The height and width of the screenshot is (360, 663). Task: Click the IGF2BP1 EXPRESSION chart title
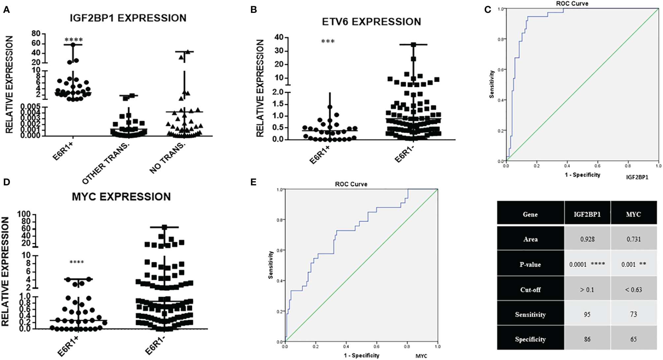pyautogui.click(x=128, y=18)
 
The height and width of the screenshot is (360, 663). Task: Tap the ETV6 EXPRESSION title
pyautogui.click(x=371, y=22)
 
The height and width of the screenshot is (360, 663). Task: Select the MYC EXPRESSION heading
pyautogui.click(x=121, y=197)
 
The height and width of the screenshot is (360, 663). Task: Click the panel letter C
pyautogui.click(x=488, y=10)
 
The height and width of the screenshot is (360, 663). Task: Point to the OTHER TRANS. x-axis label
pyautogui.click(x=106, y=164)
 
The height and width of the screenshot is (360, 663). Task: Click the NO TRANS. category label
pyautogui.click(x=167, y=158)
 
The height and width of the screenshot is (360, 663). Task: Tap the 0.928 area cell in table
pyautogui.click(x=587, y=239)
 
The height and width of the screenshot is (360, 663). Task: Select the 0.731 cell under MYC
pyautogui.click(x=633, y=239)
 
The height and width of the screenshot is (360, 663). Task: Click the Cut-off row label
pyautogui.click(x=530, y=290)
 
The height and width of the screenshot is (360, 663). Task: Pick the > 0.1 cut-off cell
pyautogui.click(x=587, y=290)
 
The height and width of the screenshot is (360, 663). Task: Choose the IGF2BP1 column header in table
pyautogui.click(x=587, y=214)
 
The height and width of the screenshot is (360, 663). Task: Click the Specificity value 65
pyautogui.click(x=633, y=339)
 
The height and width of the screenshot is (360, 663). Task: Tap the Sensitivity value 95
pyautogui.click(x=587, y=314)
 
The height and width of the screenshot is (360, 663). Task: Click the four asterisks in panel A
pyautogui.click(x=74, y=40)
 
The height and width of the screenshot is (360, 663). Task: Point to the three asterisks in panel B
pyautogui.click(x=328, y=41)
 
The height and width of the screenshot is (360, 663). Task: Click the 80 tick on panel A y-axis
pyautogui.click(x=36, y=34)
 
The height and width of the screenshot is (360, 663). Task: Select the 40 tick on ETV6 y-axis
pyautogui.click(x=279, y=37)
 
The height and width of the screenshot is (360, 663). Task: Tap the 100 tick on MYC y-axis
pyautogui.click(x=24, y=214)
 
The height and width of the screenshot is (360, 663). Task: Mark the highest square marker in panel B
pyautogui.click(x=413, y=45)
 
